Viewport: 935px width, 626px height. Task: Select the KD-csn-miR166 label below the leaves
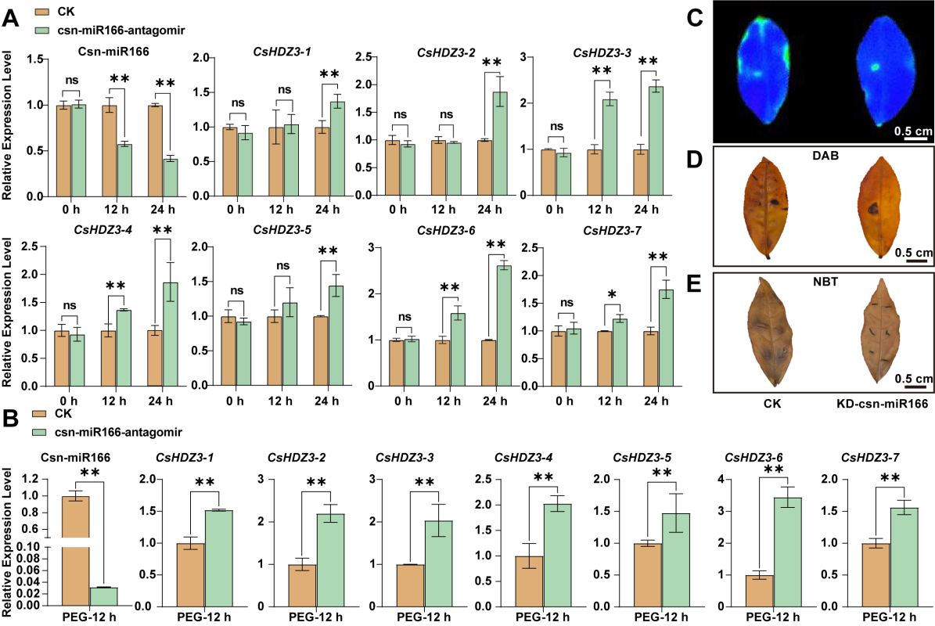pos(878,403)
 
